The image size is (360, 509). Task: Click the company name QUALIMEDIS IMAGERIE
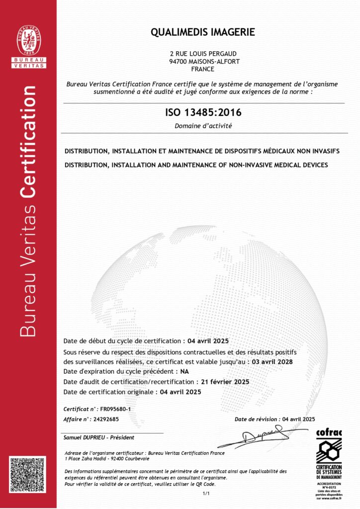coord(203,32)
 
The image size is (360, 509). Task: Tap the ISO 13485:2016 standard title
coord(203,113)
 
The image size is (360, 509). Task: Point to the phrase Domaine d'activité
coord(203,126)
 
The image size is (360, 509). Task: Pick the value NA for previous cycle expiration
coord(184,371)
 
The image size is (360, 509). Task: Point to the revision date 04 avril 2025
coord(298,419)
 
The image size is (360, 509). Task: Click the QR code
coord(28,475)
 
